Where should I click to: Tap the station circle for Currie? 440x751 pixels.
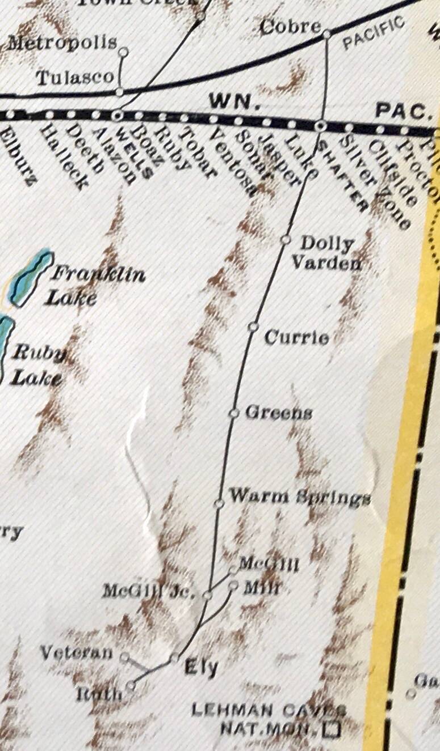(253, 326)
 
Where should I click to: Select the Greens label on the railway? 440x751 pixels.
(278, 413)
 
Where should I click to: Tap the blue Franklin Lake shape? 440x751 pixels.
(32, 278)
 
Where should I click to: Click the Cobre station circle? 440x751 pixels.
(326, 35)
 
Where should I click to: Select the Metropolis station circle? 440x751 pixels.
(123, 52)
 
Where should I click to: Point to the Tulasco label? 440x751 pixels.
(74, 78)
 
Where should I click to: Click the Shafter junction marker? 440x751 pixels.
(320, 125)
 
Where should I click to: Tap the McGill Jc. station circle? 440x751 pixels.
(208, 595)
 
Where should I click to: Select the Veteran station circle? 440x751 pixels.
(124, 657)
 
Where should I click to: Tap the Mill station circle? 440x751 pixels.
(233, 586)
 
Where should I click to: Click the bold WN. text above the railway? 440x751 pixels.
(234, 102)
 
